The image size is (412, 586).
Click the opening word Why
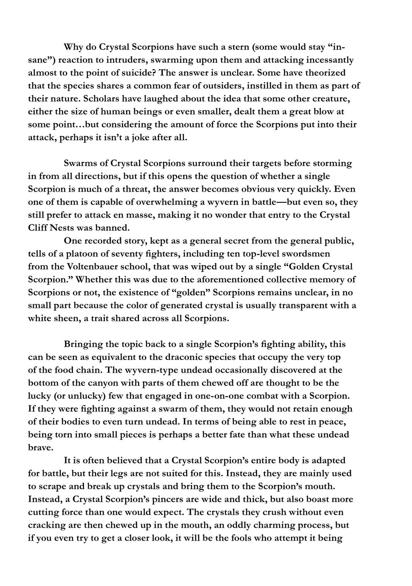tap(73, 47)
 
